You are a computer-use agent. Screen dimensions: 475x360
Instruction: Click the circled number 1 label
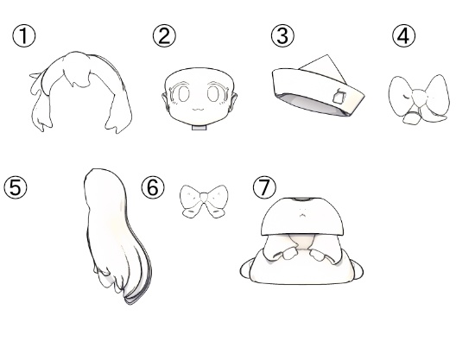click(x=24, y=36)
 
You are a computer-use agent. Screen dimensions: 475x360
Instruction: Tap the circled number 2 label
click(x=164, y=36)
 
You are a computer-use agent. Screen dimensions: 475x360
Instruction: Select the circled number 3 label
click(x=282, y=36)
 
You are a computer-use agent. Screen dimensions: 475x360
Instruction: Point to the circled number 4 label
click(x=404, y=36)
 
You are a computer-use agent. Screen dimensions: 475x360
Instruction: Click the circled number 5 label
click(x=16, y=187)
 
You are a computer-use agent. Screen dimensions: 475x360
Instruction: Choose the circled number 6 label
click(x=153, y=187)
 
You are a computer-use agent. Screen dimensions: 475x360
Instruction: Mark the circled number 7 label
click(x=264, y=187)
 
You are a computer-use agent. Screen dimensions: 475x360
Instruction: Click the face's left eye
click(x=184, y=93)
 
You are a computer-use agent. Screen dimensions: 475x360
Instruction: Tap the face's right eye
click(x=213, y=93)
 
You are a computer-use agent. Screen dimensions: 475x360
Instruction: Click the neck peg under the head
click(x=199, y=128)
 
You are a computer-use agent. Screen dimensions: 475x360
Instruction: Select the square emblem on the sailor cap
click(x=339, y=96)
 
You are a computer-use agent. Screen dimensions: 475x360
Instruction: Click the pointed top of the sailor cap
click(x=326, y=55)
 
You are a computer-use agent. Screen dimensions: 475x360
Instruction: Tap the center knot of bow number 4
click(x=419, y=98)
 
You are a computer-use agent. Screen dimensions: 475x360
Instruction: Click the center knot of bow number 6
click(x=204, y=198)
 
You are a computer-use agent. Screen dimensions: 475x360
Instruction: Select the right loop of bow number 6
click(x=217, y=196)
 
